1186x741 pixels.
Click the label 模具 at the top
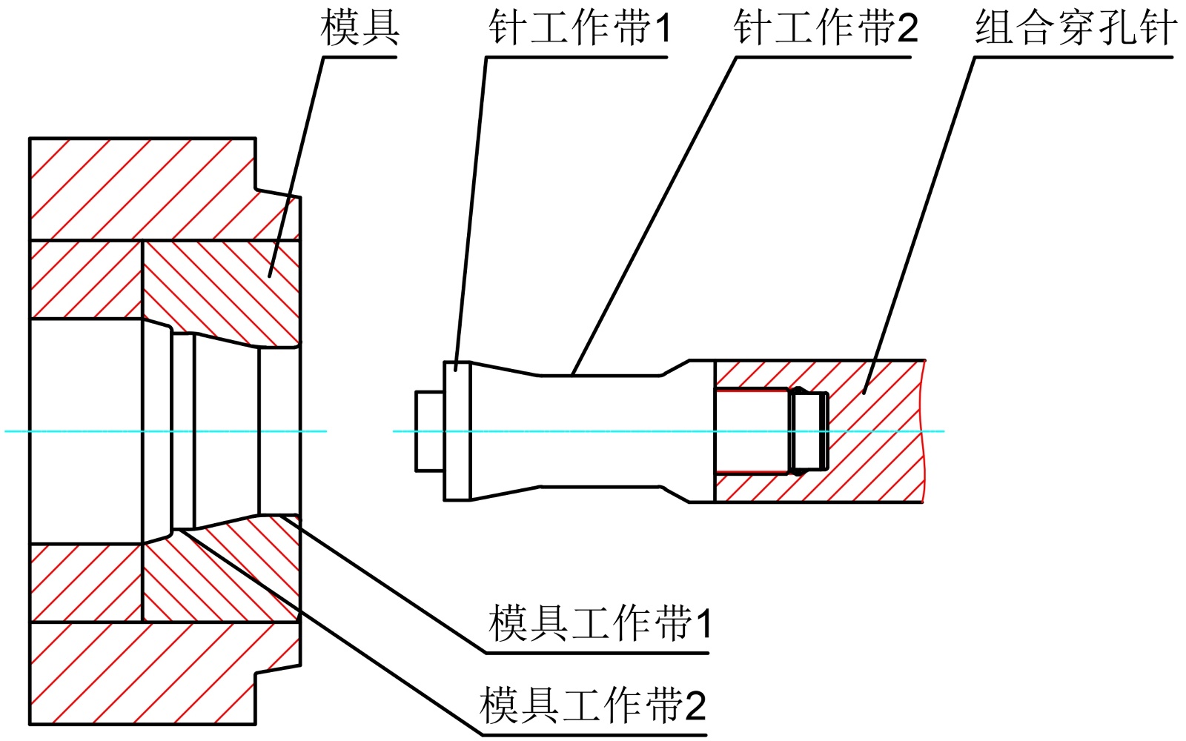point(360,28)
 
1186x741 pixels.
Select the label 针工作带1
point(579,28)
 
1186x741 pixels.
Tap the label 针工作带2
point(825,28)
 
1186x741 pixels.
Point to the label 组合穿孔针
point(1076,28)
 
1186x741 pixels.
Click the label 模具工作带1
point(600,623)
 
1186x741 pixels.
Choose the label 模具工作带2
point(592,705)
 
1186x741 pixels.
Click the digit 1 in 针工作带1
point(661,29)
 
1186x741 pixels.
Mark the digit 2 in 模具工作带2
point(695,706)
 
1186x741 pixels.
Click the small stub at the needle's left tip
point(430,431)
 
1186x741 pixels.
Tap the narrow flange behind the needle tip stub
point(457,431)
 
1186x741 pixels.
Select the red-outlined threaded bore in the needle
point(752,431)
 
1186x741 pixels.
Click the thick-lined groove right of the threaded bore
point(809,431)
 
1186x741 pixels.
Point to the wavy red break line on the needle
point(924,431)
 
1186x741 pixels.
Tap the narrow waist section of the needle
point(600,415)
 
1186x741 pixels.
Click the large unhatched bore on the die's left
point(85,431)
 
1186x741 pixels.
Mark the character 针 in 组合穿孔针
point(1158,28)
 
